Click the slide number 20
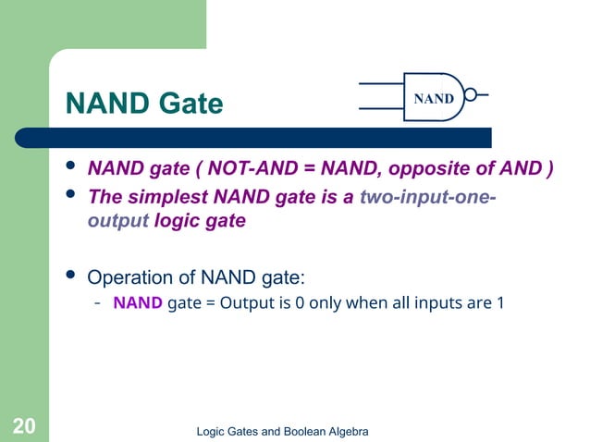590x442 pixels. [24, 425]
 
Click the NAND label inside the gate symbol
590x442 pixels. [433, 98]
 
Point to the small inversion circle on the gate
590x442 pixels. [472, 95]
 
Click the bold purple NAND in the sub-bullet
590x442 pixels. [138, 302]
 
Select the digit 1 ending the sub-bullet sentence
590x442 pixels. [500, 302]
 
